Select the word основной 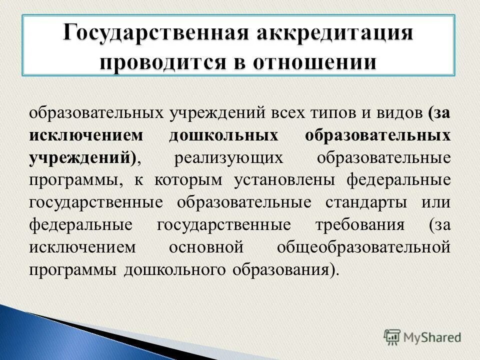coord(206,247)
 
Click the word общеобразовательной coord(363,247)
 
